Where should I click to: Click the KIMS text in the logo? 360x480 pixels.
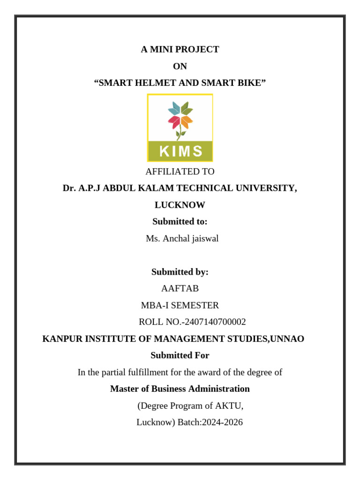click(x=180, y=151)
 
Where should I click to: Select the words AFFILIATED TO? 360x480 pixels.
click(x=180, y=172)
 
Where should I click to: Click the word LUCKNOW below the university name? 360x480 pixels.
click(x=180, y=205)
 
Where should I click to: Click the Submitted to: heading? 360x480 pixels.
click(x=180, y=222)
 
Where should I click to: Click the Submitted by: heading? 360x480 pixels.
click(x=180, y=272)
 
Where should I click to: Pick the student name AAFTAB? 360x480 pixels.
click(x=180, y=289)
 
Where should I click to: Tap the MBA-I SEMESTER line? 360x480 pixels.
click(x=180, y=306)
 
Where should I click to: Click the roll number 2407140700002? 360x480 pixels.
click(x=215, y=322)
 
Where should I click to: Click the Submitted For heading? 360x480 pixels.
click(x=180, y=355)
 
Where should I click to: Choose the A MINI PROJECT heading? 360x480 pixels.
click(x=180, y=50)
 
